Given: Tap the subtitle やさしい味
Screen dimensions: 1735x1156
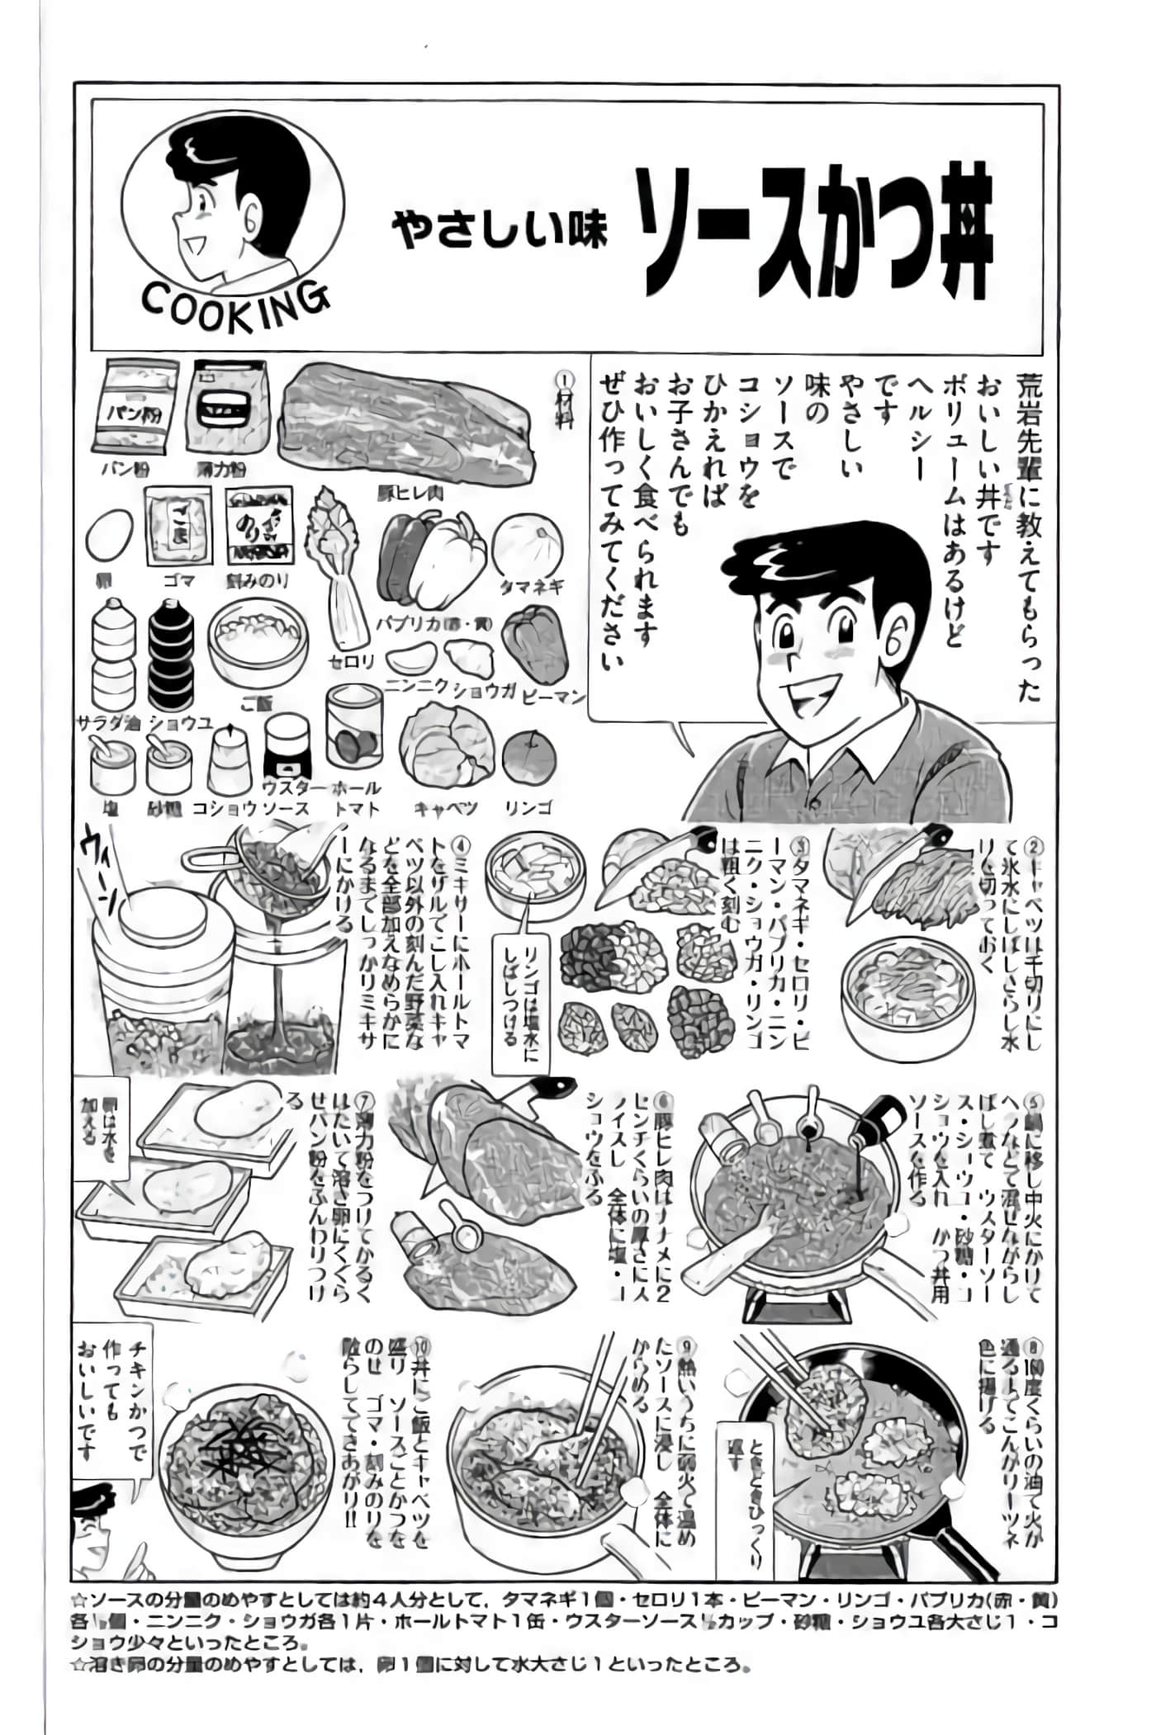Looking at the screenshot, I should click(x=500, y=230).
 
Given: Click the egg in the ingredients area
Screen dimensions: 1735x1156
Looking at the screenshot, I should click(x=109, y=536).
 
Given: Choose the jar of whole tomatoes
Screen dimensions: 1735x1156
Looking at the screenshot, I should click(x=354, y=726).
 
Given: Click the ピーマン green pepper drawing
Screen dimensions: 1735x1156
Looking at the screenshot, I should click(x=534, y=640).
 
